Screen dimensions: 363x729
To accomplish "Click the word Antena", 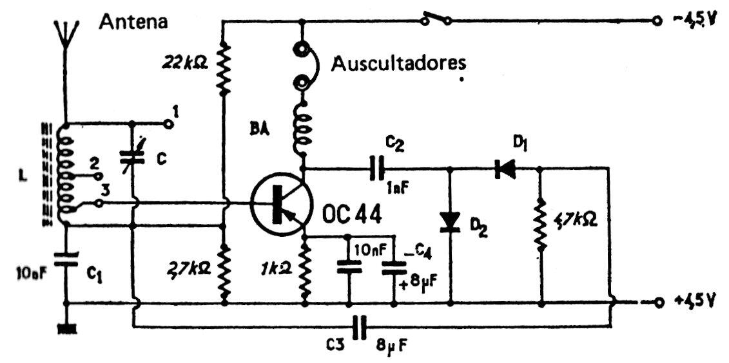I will click(x=133, y=22).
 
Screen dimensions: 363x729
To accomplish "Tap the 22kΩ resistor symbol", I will click(x=223, y=64).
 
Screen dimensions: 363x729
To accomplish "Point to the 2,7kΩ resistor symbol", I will click(x=223, y=268).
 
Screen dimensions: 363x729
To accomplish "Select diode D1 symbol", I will click(x=503, y=169).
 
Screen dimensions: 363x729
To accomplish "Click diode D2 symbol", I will click(x=450, y=221).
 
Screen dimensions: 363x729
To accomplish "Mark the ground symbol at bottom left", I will click(x=65, y=328).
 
